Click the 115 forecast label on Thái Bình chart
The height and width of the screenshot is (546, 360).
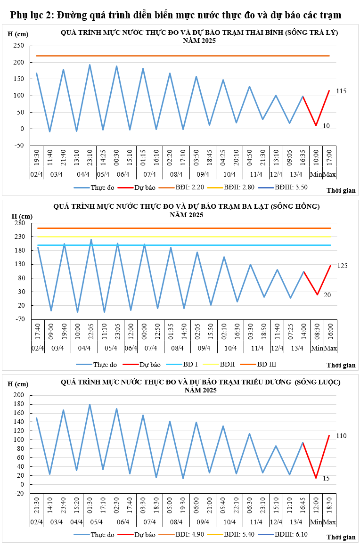pos(341,91)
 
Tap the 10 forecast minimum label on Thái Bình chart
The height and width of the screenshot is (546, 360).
pos(326,126)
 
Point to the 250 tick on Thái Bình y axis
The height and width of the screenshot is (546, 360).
pos(18,46)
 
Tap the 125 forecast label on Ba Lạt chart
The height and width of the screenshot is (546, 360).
pos(342,266)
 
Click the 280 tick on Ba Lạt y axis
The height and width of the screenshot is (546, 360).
pos(18,223)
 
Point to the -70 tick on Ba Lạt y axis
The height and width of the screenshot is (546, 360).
pos(18,319)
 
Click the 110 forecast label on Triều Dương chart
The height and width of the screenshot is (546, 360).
pos(341,436)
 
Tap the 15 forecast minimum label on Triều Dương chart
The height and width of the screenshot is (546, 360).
pos(326,478)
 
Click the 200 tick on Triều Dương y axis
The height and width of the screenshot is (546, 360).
pos(18,395)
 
